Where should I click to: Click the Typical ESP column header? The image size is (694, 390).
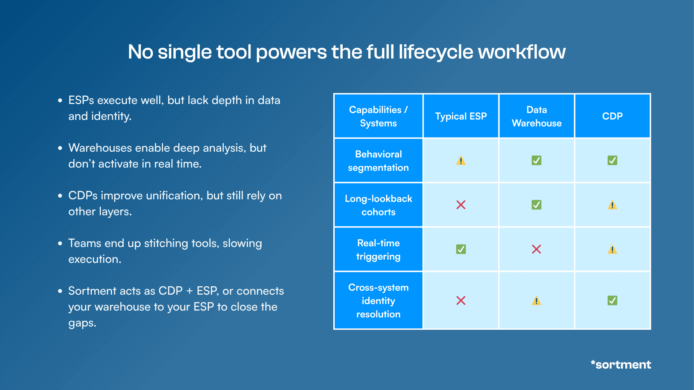pos(461,116)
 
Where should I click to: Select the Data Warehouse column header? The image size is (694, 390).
pos(536,116)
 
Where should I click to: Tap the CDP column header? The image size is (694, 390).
pos(612,116)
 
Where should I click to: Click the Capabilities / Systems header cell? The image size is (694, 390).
pos(378,116)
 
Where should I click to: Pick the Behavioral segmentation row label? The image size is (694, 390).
pos(378,161)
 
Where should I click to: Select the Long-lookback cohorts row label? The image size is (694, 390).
pos(378,205)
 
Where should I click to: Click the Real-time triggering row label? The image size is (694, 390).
pos(378,250)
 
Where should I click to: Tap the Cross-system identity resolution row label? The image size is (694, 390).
pos(378,300)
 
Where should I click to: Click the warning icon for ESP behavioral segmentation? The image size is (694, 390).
pos(461,160)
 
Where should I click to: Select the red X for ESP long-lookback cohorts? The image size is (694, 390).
pos(461,205)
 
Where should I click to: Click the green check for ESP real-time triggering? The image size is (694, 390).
pos(461,249)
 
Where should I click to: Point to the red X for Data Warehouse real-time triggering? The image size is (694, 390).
pos(536,249)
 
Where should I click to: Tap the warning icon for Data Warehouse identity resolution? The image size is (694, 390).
pos(536,301)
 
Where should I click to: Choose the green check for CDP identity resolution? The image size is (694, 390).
pos(612,300)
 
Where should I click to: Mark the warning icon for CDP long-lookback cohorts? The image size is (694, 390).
pos(612,205)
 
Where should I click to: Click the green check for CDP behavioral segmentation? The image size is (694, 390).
pos(612,160)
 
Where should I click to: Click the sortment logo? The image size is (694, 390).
pos(621,364)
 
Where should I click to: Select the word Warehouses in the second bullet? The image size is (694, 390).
pos(100,148)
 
